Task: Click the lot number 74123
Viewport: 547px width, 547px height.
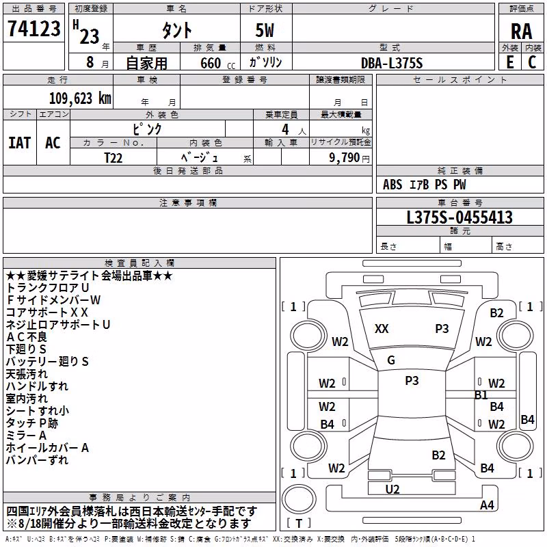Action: click(x=34, y=29)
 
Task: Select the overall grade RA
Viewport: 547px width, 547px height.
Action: click(x=521, y=31)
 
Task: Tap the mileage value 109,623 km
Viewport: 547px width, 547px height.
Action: click(x=80, y=98)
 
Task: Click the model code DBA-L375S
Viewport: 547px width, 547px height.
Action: click(x=392, y=63)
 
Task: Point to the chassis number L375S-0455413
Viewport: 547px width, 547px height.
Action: click(x=459, y=217)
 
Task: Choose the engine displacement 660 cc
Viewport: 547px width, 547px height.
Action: click(x=217, y=63)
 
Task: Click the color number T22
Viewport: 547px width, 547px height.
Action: click(x=113, y=158)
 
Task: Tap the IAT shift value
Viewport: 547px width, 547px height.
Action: click(x=20, y=143)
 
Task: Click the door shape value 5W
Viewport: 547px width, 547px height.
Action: click(x=265, y=30)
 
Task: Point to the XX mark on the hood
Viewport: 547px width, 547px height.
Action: click(x=382, y=329)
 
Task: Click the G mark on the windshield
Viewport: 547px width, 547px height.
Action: click(x=391, y=360)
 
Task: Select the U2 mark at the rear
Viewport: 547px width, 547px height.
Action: click(x=392, y=490)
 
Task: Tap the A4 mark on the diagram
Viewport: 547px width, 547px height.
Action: click(x=487, y=505)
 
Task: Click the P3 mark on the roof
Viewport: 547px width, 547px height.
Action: click(x=412, y=380)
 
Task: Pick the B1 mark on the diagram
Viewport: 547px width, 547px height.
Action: click(x=481, y=395)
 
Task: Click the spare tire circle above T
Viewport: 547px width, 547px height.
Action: click(x=299, y=499)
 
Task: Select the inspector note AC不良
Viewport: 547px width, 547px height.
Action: click(x=27, y=336)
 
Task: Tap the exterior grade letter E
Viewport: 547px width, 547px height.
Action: click(x=510, y=62)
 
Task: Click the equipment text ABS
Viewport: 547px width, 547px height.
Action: click(x=392, y=185)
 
